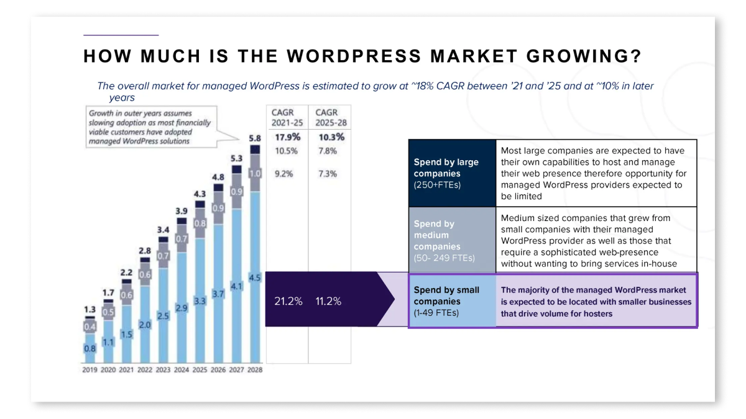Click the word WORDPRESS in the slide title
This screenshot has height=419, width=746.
(353, 56)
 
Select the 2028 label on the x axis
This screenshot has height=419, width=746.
(255, 370)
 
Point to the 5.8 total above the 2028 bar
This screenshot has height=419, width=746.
(255, 138)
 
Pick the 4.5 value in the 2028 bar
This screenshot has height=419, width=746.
(255, 277)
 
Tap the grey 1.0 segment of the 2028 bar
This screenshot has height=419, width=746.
(255, 174)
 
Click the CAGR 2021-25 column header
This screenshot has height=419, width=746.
(287, 117)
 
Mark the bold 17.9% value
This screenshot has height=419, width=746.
(287, 137)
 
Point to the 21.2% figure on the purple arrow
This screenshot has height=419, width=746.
(288, 301)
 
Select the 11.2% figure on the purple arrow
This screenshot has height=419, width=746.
(329, 301)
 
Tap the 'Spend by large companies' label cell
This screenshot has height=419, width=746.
(452, 173)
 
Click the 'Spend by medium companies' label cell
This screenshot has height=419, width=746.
(452, 240)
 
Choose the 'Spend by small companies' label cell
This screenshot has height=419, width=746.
(452, 301)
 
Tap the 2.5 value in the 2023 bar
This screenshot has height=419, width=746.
(163, 316)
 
